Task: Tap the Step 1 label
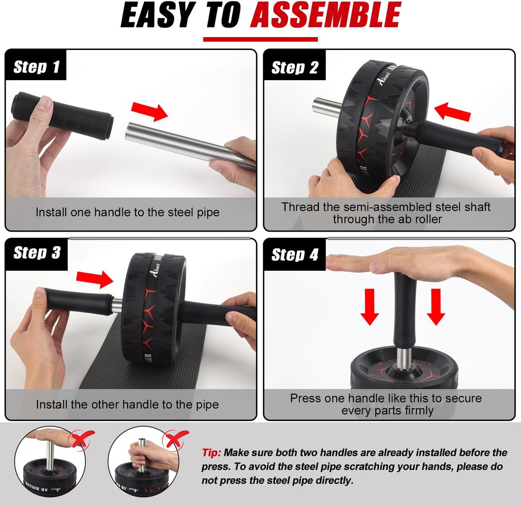36,67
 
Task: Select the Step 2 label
295,68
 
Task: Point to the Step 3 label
37,253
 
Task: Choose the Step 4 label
295,255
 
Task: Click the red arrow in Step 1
149,110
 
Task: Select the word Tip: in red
212,452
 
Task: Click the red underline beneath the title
260,39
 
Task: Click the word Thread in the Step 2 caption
299,207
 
